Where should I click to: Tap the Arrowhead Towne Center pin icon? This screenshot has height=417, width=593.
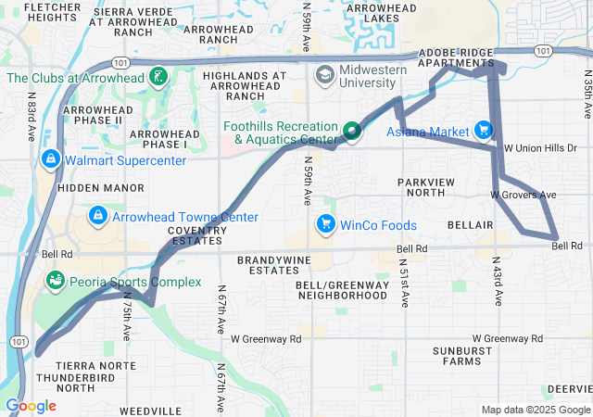click(97, 217)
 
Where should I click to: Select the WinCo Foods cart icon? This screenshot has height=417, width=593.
click(325, 224)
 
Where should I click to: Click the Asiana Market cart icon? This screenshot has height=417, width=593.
click(483, 131)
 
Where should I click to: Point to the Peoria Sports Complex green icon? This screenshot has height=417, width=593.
click(55, 280)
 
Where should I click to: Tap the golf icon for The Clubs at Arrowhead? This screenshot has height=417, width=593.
click(159, 76)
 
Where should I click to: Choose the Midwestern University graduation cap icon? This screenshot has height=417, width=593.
click(325, 74)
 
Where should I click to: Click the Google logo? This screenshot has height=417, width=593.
click(31, 406)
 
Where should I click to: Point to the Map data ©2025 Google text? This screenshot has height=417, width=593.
click(535, 410)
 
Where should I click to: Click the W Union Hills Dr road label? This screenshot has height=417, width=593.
click(540, 147)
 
